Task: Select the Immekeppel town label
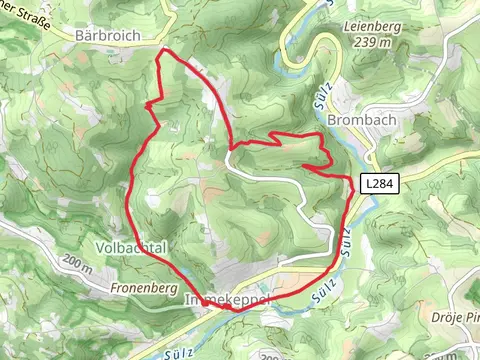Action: click(x=222, y=300)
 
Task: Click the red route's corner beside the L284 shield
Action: click(x=351, y=180)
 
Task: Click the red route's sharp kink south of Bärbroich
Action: click(x=149, y=103)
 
